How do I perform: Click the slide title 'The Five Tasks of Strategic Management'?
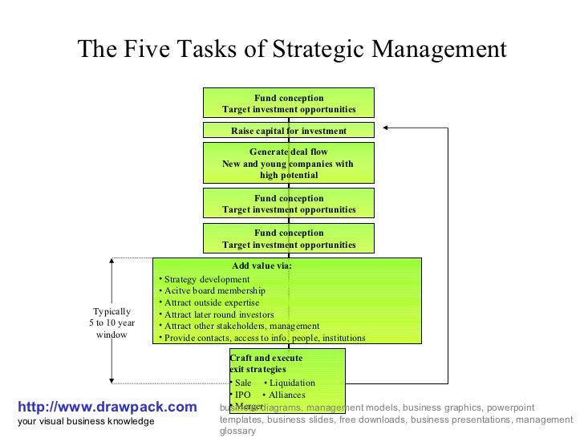(x=292, y=50)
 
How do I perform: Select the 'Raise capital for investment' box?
(x=289, y=131)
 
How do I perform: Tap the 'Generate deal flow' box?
(x=289, y=163)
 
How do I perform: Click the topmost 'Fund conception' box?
(x=289, y=103)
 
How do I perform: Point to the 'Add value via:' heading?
(x=262, y=266)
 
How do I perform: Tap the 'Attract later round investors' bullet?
(x=219, y=315)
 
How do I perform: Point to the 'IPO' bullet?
(x=242, y=395)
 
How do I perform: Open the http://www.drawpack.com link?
(x=106, y=408)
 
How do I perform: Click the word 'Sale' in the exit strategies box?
(x=243, y=383)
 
